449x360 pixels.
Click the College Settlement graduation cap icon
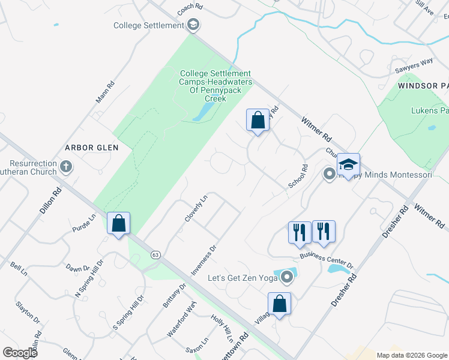(x=193, y=25)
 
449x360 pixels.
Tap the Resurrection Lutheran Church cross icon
(x=66, y=166)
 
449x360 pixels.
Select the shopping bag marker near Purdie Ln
(x=119, y=223)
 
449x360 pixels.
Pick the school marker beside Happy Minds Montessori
(x=348, y=164)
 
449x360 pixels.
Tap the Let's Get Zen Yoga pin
(x=287, y=277)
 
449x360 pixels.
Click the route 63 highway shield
(x=155, y=256)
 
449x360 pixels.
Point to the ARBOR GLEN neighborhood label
(x=93, y=147)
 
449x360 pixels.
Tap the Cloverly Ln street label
(x=196, y=208)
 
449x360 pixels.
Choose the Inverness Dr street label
(x=203, y=260)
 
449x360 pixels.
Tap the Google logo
(x=20, y=353)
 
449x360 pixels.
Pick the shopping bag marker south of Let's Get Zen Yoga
(x=279, y=304)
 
